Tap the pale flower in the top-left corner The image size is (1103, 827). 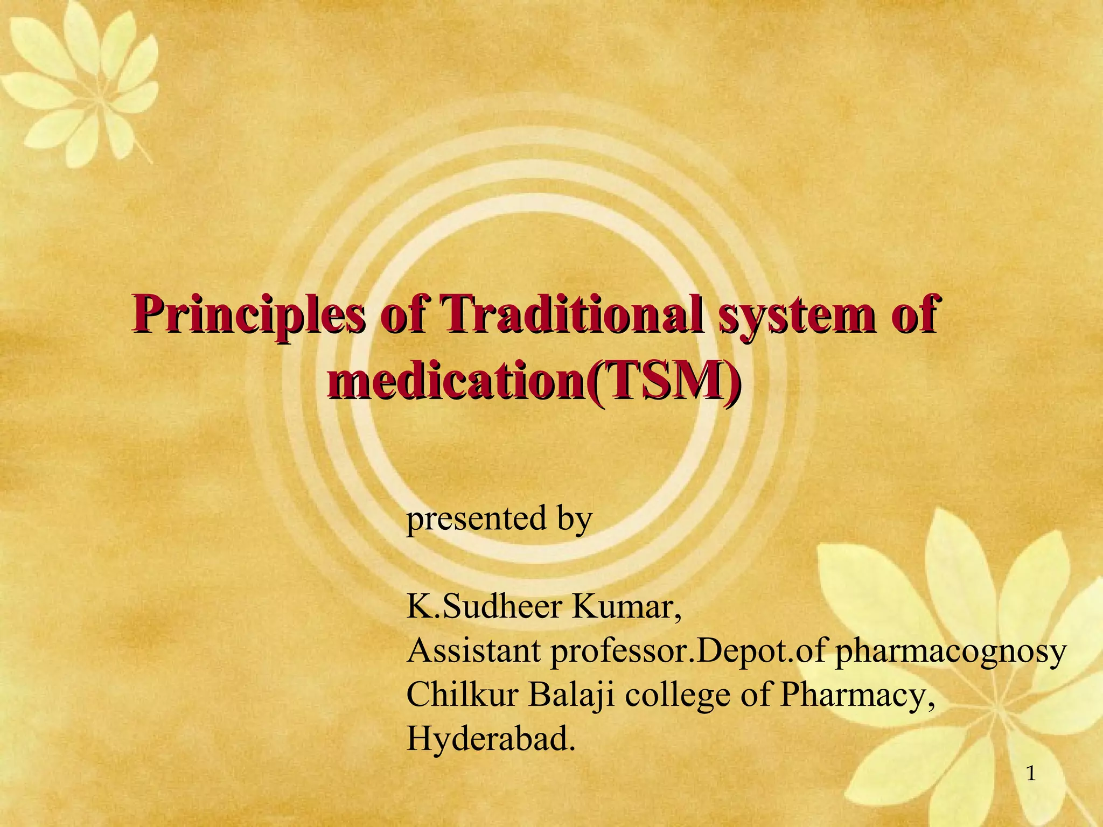[81, 81]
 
